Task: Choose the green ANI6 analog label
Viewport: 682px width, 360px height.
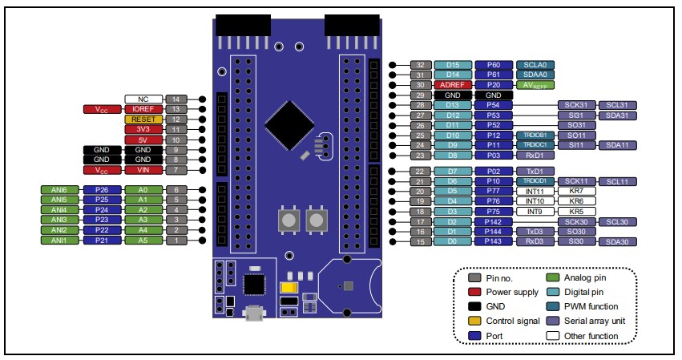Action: point(59,189)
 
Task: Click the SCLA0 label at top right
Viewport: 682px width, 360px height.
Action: point(535,64)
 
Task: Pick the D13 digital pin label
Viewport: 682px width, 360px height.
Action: point(452,105)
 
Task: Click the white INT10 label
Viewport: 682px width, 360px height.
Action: point(535,201)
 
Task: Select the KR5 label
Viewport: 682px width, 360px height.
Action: point(575,212)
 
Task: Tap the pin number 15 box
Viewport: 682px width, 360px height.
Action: point(421,241)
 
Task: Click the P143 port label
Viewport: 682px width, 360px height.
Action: point(493,241)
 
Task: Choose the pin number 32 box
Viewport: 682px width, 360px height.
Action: point(421,64)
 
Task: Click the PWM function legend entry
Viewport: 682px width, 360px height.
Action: point(589,306)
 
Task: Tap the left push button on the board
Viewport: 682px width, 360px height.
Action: point(286,220)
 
